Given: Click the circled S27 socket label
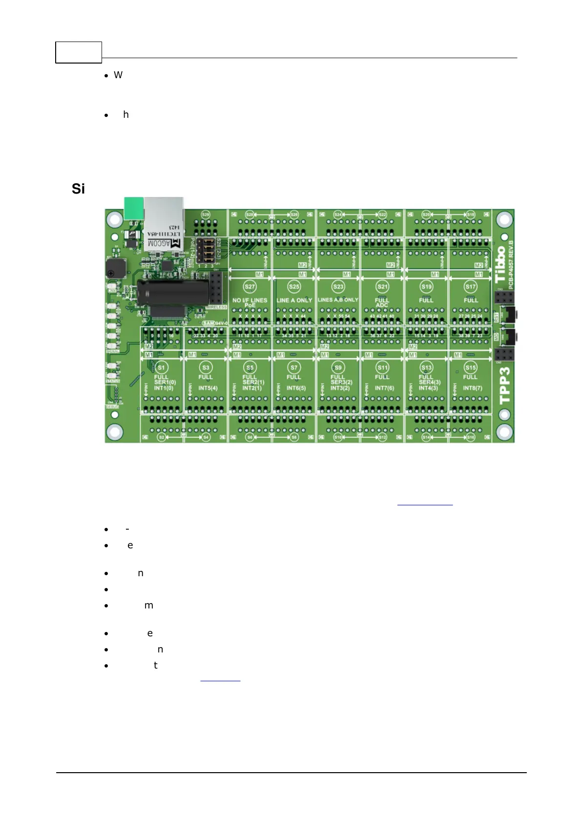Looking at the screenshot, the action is click(x=249, y=287).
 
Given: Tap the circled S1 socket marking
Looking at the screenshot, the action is click(x=162, y=368).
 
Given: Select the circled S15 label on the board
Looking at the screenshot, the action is click(x=471, y=368).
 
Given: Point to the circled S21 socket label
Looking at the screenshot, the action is click(x=382, y=287).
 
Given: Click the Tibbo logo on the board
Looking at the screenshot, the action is click(x=500, y=264).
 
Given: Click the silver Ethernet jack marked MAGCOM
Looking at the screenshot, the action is click(x=164, y=225).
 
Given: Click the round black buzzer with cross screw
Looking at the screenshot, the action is click(x=115, y=268).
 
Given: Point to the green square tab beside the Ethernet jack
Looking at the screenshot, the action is click(x=134, y=208).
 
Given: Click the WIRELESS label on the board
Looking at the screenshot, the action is click(x=217, y=307).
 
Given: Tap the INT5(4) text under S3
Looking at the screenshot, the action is click(x=208, y=388).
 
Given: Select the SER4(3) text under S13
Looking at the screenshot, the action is click(x=430, y=382).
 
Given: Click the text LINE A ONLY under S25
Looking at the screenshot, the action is click(x=294, y=300).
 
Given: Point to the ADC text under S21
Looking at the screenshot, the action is click(x=382, y=305).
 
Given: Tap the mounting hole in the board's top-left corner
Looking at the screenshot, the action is click(x=114, y=218).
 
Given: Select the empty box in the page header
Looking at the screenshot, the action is click(x=79, y=52).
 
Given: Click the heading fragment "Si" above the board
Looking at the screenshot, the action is click(x=78, y=189).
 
